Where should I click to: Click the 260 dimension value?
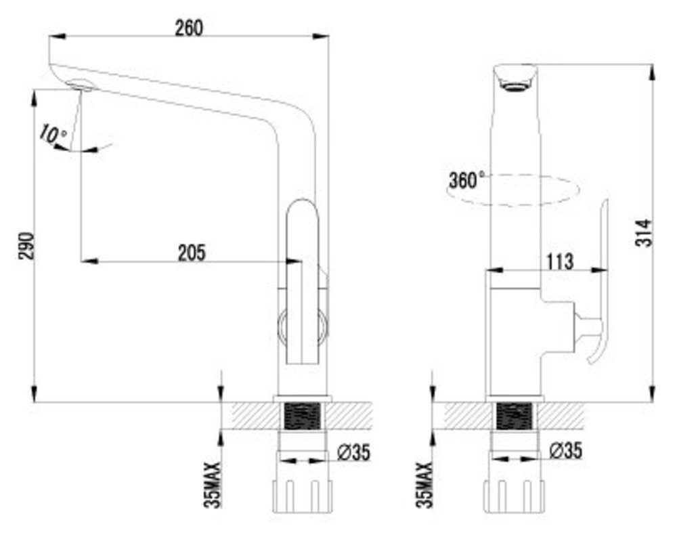point(189,28)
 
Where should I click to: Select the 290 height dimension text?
point(26,246)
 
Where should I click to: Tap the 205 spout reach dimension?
point(192,253)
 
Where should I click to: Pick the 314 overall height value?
point(644,232)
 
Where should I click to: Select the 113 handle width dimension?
point(560,262)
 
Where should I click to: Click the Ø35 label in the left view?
point(353,452)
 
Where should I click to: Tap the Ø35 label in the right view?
point(565,450)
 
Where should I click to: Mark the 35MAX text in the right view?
point(424,485)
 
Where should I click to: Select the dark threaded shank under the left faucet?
point(303,416)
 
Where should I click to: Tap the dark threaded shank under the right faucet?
point(514,416)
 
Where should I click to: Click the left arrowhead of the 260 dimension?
point(57,37)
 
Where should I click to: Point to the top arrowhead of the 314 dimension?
point(653,72)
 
